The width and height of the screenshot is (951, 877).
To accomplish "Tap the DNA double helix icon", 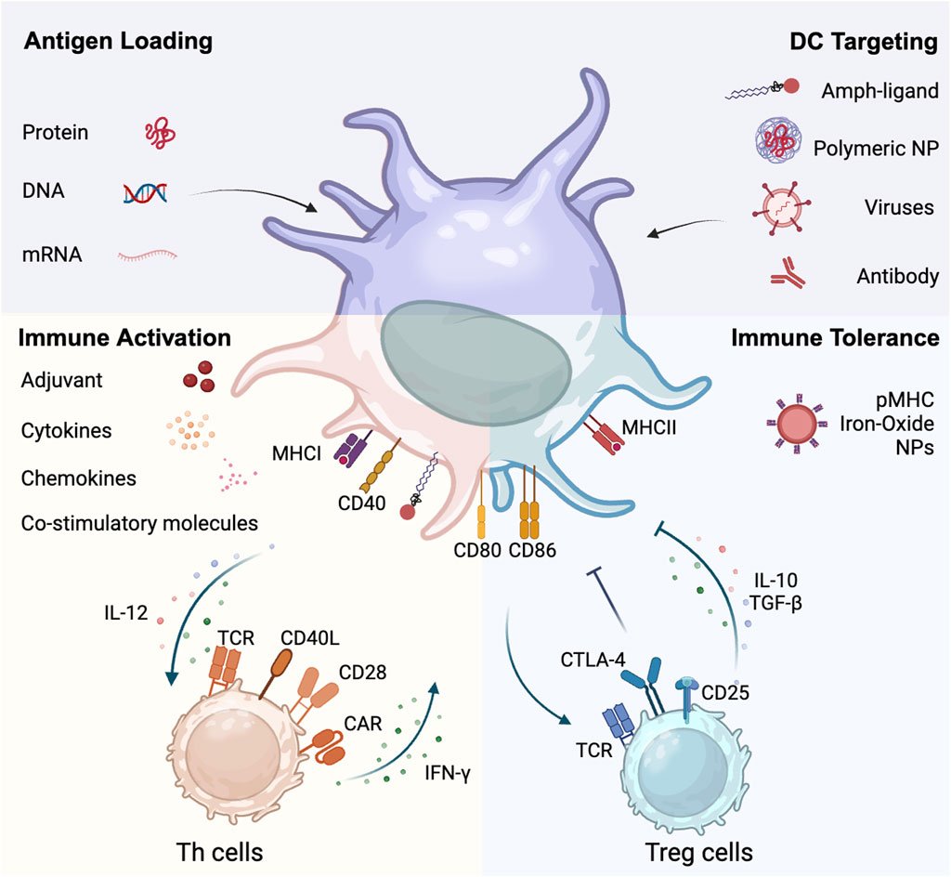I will (146, 192).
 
